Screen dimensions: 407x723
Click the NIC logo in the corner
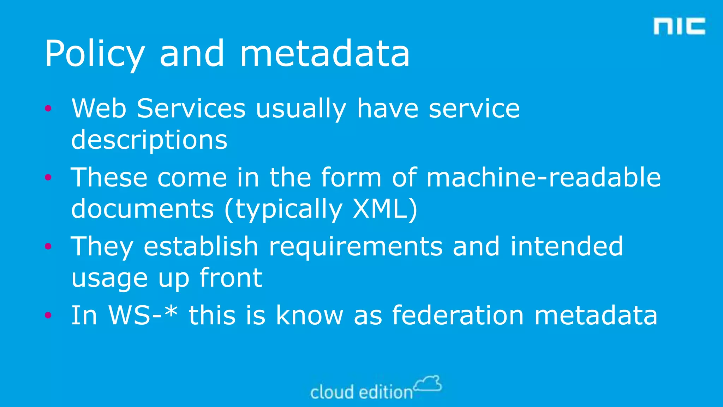pyautogui.click(x=679, y=26)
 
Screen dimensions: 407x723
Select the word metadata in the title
pyautogui.click(x=325, y=54)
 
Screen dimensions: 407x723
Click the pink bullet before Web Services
pyautogui.click(x=48, y=108)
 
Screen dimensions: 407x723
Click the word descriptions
pyautogui.click(x=149, y=140)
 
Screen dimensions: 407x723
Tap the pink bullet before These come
pyautogui.click(x=48, y=177)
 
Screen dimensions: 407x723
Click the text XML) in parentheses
pyautogui.click(x=385, y=209)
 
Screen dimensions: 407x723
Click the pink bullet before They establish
pyautogui.click(x=48, y=246)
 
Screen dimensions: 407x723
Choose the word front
pyautogui.click(x=231, y=278)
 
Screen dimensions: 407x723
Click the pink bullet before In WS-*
pyautogui.click(x=48, y=315)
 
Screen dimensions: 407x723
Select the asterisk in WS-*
pyautogui.click(x=171, y=312)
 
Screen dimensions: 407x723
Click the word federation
pyautogui.click(x=458, y=315)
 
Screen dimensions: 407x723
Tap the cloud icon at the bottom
pyautogui.click(x=428, y=384)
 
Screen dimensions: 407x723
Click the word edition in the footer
pyautogui.click(x=386, y=393)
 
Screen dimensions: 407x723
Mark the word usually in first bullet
pyautogui.click(x=301, y=109)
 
